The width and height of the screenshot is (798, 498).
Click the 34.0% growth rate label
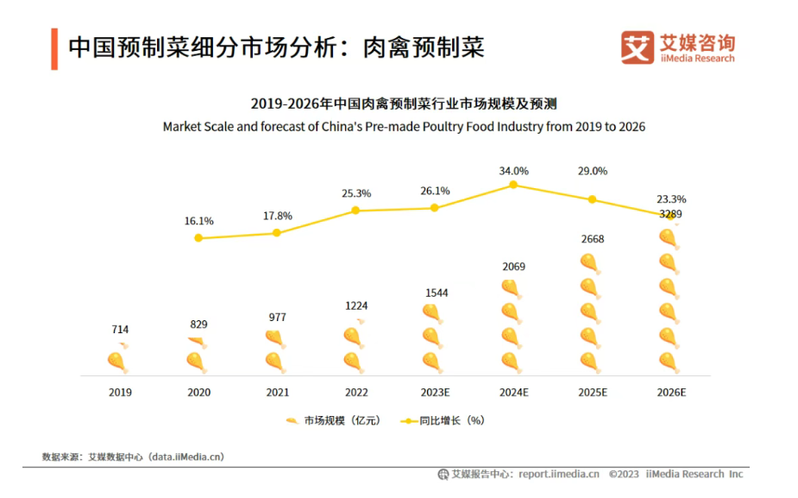tap(513, 171)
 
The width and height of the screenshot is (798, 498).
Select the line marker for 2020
tap(198, 237)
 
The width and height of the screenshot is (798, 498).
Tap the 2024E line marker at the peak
tap(513, 185)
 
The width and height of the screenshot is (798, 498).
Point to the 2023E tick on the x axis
tap(435, 392)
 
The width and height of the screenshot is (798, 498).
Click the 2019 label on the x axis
tap(120, 392)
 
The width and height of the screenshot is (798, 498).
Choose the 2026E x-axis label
tap(670, 392)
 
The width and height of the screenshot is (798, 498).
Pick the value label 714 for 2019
tap(120, 330)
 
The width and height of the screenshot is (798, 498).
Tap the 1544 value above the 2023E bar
tap(436, 293)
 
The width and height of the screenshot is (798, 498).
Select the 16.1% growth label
tap(198, 222)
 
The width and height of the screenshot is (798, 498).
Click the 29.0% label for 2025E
tap(592, 171)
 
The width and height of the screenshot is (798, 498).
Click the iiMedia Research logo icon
tap(638, 47)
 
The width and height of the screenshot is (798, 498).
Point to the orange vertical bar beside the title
tap(53, 48)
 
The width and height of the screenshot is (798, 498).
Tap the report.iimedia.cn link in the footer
tap(558, 474)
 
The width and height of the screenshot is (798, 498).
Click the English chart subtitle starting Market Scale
tap(404, 127)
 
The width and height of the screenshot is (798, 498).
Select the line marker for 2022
tap(356, 210)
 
